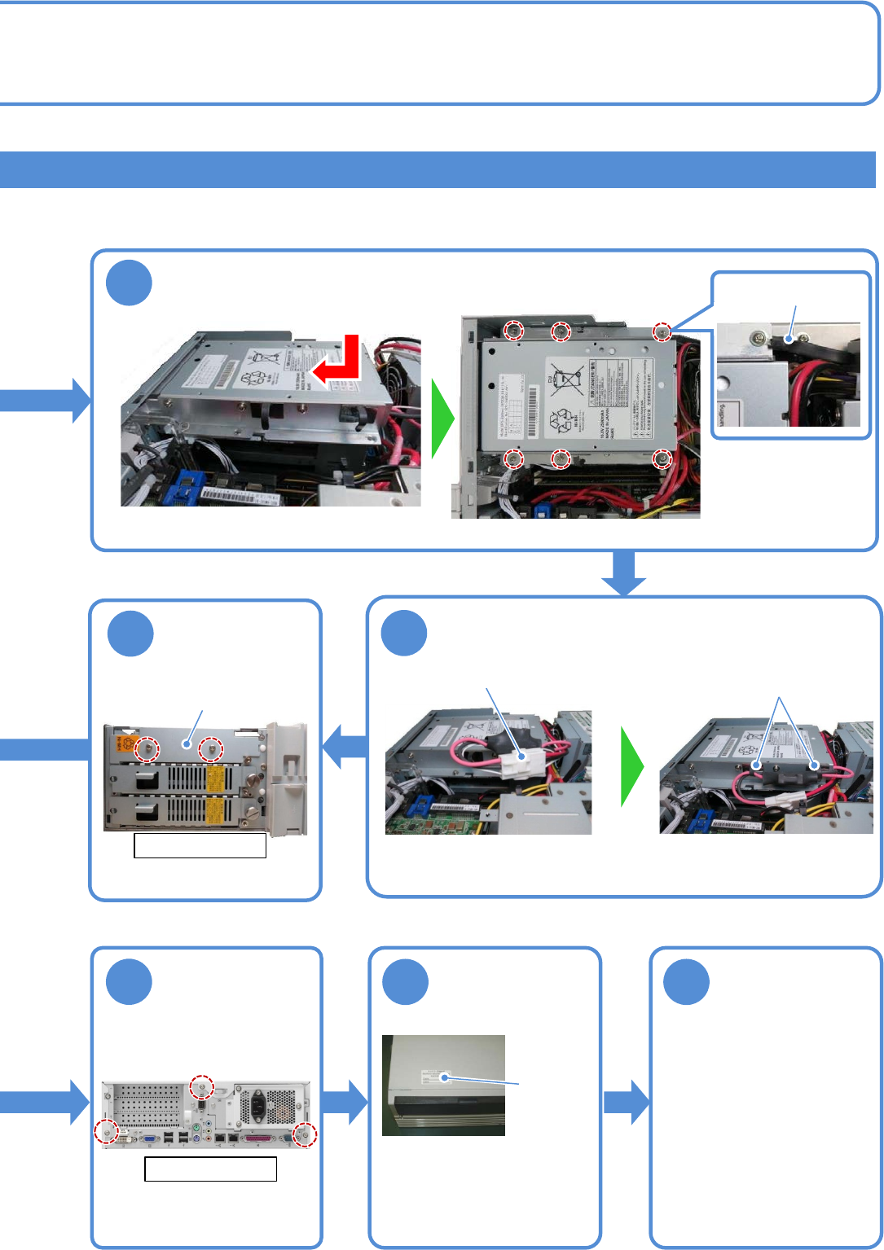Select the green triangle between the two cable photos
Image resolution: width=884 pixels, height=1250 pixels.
(x=632, y=767)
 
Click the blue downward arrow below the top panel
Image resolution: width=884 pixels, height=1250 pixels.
(x=623, y=573)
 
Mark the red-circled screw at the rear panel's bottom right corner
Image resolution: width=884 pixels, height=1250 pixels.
(x=305, y=1135)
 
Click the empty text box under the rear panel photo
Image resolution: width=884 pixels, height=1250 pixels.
(x=210, y=1169)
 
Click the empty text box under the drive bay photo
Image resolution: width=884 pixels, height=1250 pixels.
(x=200, y=846)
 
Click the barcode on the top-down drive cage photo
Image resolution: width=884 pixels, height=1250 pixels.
(x=534, y=402)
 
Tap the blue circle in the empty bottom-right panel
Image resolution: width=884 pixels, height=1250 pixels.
(x=686, y=982)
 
